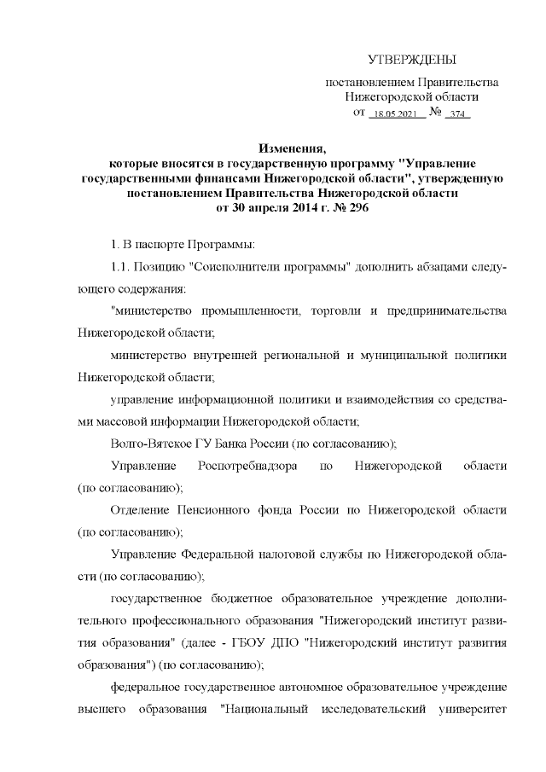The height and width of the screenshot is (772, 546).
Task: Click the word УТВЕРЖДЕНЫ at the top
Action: pos(412,60)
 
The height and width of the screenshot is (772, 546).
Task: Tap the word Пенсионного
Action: pos(217,511)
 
